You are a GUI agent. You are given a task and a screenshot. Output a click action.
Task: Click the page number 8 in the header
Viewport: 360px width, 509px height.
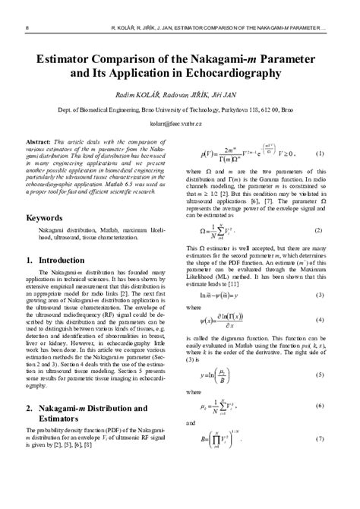pyautogui.click(x=28, y=27)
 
